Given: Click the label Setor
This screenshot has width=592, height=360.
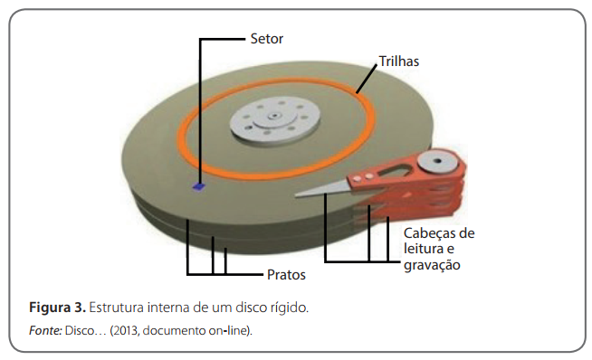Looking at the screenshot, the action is pyautogui.click(x=266, y=39).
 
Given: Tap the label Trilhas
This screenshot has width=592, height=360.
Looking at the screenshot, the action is pyautogui.click(x=399, y=62).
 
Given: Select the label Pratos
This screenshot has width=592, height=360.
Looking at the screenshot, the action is pyautogui.click(x=286, y=275).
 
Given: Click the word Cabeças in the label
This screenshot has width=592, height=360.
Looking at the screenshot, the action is pyautogui.click(x=428, y=234).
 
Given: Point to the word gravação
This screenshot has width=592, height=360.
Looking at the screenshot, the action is pyautogui.click(x=432, y=265).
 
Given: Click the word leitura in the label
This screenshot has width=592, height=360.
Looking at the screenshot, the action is pyautogui.click(x=424, y=249).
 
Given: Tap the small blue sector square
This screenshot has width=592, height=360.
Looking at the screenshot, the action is pyautogui.click(x=198, y=186).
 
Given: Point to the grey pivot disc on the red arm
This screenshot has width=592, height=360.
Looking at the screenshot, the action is pyautogui.click(x=437, y=161).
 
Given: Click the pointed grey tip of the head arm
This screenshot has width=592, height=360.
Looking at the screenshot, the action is pyautogui.click(x=296, y=195).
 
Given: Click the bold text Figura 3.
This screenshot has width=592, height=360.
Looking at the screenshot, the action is pyautogui.click(x=57, y=308).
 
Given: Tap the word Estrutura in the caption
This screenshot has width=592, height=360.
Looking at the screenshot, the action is pyautogui.click(x=116, y=308).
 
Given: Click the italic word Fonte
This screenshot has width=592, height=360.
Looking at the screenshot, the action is pyautogui.click(x=45, y=330).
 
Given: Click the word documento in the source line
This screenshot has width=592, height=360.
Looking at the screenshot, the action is pyautogui.click(x=174, y=330).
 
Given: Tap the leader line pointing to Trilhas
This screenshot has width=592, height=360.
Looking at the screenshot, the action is pyautogui.click(x=367, y=79).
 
